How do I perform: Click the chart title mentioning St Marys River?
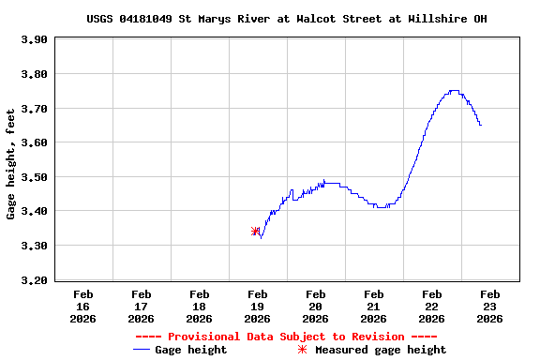[287, 19]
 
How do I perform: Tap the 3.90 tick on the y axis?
[34, 39]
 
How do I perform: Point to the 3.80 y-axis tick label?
[34, 74]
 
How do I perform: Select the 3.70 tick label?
[34, 109]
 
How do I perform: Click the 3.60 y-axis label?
[34, 142]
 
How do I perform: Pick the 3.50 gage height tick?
[34, 177]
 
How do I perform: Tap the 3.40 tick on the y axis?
[34, 212]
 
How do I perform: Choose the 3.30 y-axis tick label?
[34, 246]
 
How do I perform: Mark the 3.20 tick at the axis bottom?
[34, 280]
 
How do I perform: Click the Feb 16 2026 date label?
[83, 306]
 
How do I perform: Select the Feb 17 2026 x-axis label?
[142, 306]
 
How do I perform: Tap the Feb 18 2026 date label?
[200, 306]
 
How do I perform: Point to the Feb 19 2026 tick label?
[258, 306]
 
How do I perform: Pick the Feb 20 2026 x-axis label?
[316, 306]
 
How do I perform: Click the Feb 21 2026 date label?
[374, 306]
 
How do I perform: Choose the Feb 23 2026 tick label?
[490, 306]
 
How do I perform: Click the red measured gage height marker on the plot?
[256, 231]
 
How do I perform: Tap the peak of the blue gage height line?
[454, 91]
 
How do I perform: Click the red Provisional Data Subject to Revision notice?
[286, 337]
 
